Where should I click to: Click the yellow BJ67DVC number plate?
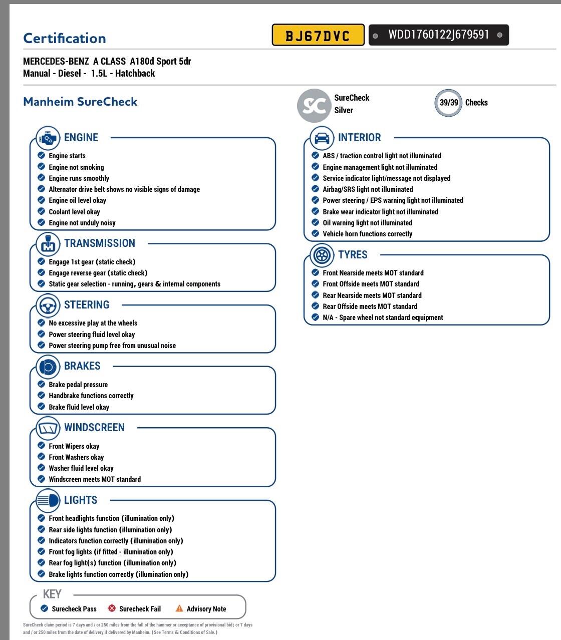[318, 35]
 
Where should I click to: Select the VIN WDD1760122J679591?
[438, 35]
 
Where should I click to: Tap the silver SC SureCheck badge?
[314, 105]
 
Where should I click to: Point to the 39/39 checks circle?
[448, 103]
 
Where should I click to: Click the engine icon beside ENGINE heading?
[48, 138]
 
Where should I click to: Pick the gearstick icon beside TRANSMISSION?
[48, 244]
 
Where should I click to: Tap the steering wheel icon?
[48, 305]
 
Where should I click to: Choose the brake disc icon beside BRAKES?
[48, 367]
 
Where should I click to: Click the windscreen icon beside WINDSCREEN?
[48, 428]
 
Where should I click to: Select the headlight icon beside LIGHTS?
[48, 500]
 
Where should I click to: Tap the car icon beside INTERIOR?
[322, 138]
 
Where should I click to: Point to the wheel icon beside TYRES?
[322, 255]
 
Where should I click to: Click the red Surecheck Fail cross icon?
[112, 608]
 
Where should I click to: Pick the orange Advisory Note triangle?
[179, 608]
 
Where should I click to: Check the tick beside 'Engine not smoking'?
[42, 167]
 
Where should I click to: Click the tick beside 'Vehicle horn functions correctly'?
[316, 233]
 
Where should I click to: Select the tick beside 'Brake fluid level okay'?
[42, 407]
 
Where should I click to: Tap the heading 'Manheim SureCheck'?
[80, 102]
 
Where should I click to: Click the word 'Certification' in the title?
[65, 39]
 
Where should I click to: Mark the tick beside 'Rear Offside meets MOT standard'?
[316, 306]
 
